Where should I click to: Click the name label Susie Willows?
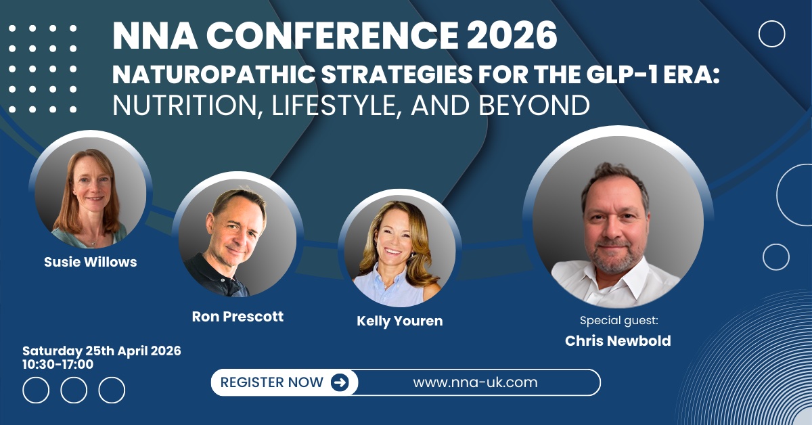click(91, 262)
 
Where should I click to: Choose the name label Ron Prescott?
click(238, 316)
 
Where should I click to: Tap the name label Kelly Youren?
click(400, 321)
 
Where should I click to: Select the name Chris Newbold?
click(618, 340)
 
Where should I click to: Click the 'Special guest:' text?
click(618, 319)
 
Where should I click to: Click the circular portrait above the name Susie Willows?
click(91, 192)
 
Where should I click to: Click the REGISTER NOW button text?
click(272, 382)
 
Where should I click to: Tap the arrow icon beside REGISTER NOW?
click(340, 382)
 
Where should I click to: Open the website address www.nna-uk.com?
click(475, 382)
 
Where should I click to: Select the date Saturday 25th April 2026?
click(101, 351)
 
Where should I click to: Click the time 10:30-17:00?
click(58, 364)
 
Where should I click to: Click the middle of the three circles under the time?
click(74, 390)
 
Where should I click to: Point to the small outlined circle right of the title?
click(771, 34)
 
